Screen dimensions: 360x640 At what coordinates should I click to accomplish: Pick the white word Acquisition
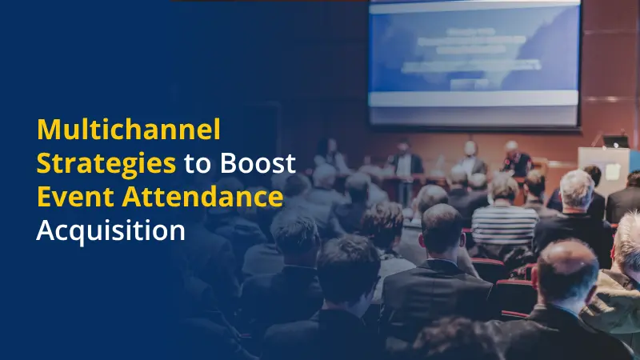(110, 230)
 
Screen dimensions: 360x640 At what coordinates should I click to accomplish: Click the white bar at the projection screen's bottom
(474, 98)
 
